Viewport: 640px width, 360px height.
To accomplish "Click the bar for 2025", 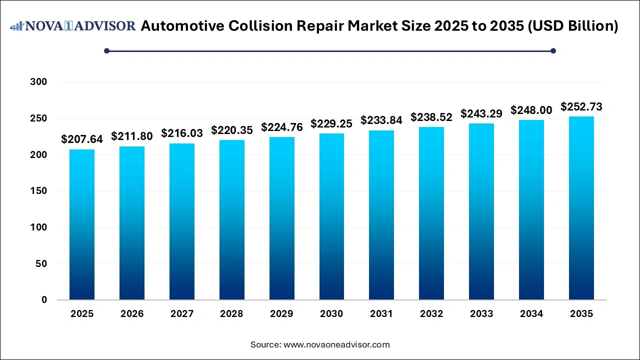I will coord(82,224).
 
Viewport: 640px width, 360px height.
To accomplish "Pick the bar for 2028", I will coord(231,220).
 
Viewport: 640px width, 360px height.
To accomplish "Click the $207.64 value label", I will coord(82,139).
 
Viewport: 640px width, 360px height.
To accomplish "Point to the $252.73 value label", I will coord(581,106).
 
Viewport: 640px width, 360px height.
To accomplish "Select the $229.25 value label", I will coord(331,123).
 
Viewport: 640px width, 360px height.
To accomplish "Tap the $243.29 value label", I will coord(481,113).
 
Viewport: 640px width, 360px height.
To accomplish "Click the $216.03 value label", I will coord(182,133).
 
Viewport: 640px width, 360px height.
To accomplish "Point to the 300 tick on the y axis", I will coord(38,82).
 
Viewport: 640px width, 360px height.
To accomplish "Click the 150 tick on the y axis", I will coord(38,191).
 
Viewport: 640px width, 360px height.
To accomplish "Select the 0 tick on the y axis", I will coord(44,300).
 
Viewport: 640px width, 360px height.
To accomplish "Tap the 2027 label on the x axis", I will coord(182,314).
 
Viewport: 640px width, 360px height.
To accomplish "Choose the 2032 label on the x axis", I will coord(431,314).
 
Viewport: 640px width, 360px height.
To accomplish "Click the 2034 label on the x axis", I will coord(531,314).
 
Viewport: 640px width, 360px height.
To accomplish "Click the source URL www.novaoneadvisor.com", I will coord(336,344).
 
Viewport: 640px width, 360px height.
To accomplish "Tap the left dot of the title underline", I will coord(106,50).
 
